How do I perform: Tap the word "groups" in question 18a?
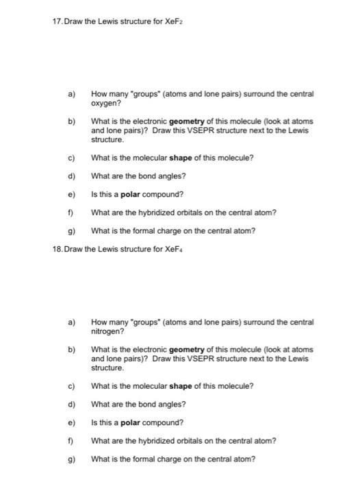(x=136, y=322)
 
